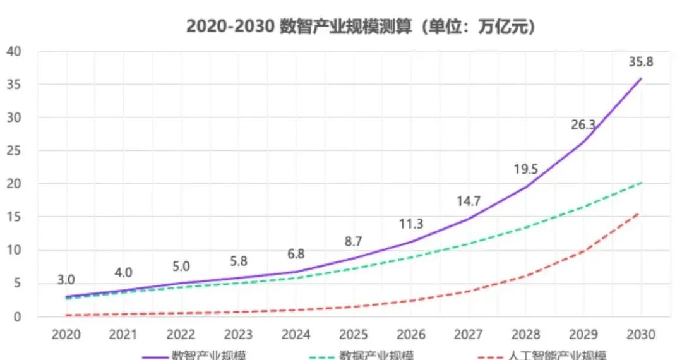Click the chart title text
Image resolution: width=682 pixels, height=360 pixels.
click(x=361, y=27)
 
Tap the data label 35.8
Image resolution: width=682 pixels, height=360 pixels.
click(x=641, y=62)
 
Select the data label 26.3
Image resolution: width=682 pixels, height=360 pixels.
click(x=583, y=125)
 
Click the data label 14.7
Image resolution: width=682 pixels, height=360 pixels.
click(x=469, y=201)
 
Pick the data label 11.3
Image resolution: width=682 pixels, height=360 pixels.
click(x=410, y=224)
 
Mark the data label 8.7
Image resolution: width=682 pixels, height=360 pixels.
click(x=353, y=241)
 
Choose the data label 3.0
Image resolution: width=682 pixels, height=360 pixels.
click(x=66, y=280)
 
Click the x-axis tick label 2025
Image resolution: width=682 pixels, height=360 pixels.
click(x=354, y=334)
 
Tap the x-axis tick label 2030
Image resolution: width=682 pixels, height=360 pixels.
click(x=641, y=334)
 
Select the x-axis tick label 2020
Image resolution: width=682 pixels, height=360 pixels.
click(x=66, y=334)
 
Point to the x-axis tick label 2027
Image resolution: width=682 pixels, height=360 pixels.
click(x=469, y=334)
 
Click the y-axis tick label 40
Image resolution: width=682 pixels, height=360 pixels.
click(x=15, y=51)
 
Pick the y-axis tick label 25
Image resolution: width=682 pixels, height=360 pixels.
click(x=15, y=151)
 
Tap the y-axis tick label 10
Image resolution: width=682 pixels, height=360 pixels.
click(x=15, y=250)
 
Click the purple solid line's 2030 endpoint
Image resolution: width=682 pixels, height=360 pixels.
click(x=641, y=78)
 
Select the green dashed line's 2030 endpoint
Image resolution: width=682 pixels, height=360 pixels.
click(x=641, y=183)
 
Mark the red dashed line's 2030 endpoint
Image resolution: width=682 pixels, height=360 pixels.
click(x=639, y=213)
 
